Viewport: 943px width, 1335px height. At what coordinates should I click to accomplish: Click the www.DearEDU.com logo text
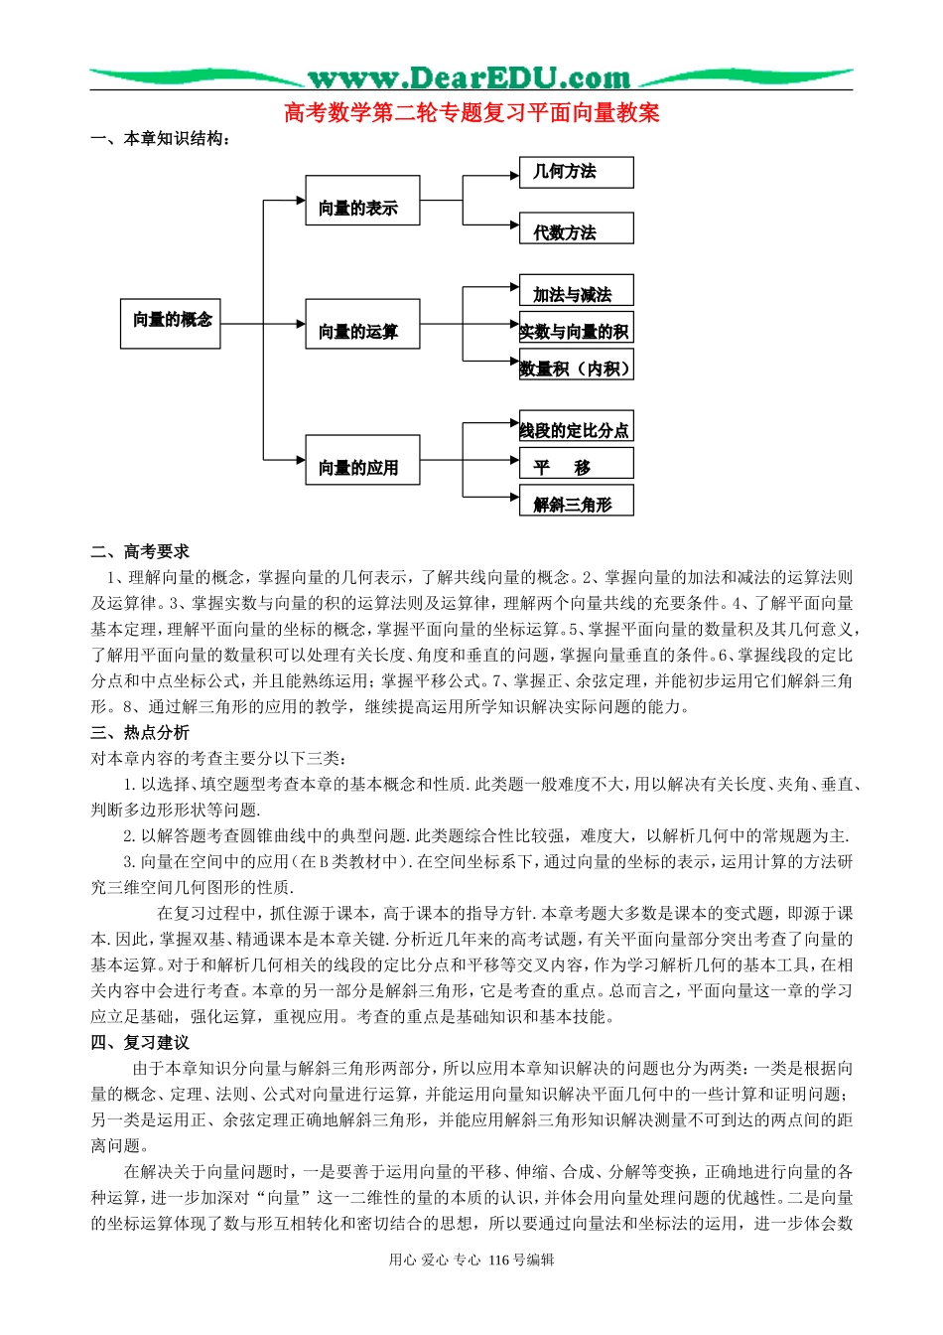[469, 77]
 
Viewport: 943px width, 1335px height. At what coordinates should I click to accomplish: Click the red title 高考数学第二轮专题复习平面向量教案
[471, 113]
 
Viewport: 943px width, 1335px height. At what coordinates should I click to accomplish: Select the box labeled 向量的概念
[171, 323]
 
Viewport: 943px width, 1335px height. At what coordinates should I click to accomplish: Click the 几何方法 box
[576, 172]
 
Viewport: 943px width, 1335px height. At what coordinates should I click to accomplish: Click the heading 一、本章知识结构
[161, 139]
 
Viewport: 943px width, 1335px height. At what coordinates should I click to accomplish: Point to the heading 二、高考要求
[140, 552]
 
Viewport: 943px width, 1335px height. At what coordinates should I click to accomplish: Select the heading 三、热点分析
[140, 733]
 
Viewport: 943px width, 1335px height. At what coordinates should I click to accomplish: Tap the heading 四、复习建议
[140, 1043]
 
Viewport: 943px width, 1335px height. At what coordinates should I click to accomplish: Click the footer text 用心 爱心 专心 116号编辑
[471, 1261]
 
